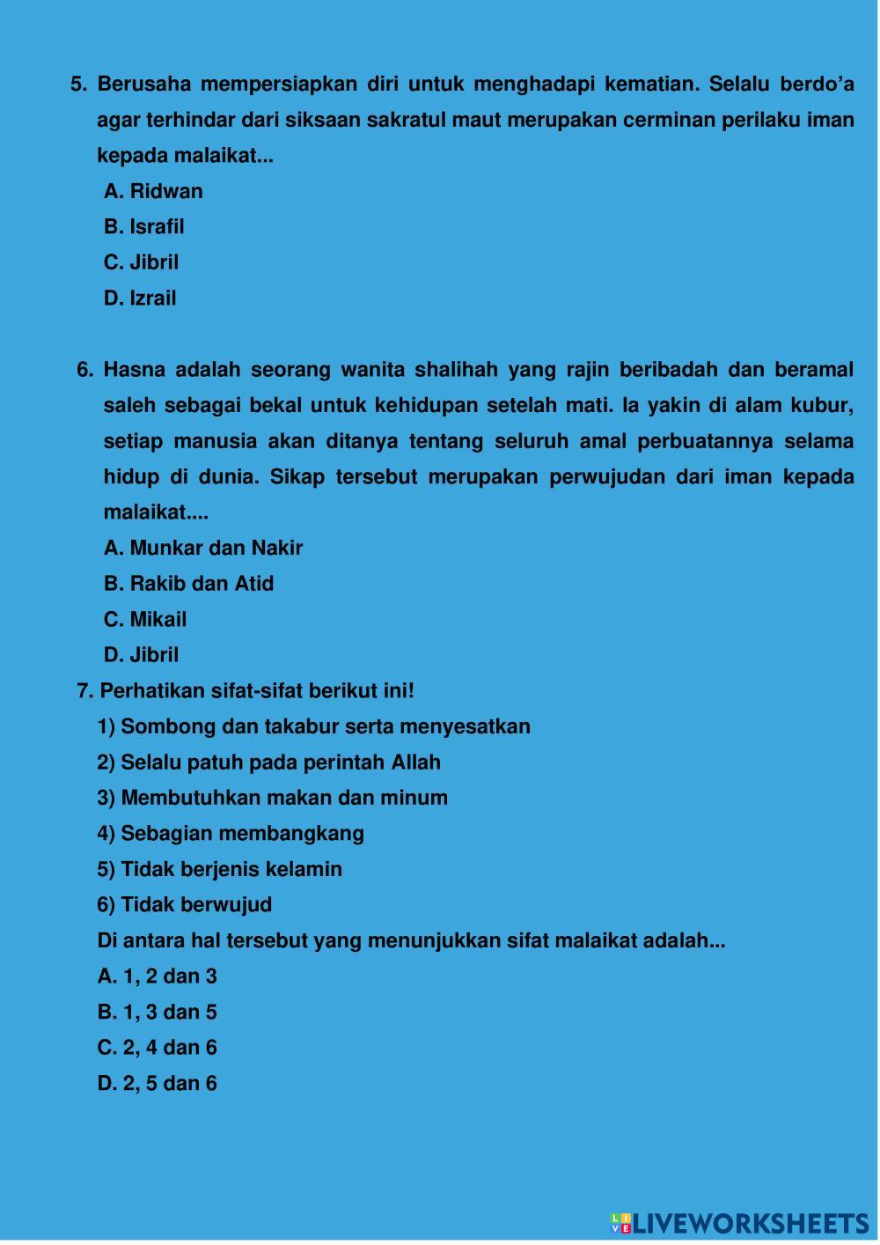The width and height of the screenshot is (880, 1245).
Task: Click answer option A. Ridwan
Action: (153, 191)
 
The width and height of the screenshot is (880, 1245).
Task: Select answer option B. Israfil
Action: (144, 226)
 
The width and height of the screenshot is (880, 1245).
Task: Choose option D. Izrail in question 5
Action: (140, 298)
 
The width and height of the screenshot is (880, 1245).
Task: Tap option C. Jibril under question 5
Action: (142, 262)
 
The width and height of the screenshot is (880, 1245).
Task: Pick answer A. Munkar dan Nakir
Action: (203, 548)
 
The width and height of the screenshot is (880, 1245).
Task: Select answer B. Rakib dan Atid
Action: (188, 583)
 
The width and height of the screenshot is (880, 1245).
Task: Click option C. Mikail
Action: (145, 619)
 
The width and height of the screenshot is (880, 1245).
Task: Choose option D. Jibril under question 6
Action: (142, 654)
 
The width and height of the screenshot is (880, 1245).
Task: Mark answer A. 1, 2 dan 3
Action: (158, 976)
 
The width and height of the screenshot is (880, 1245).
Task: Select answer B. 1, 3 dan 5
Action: (158, 1012)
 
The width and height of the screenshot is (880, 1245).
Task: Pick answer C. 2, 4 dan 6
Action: (158, 1047)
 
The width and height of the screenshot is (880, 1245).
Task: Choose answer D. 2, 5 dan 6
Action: (158, 1083)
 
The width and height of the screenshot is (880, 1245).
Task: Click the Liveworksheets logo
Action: (739, 1223)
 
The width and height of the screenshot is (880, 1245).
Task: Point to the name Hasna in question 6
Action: (132, 370)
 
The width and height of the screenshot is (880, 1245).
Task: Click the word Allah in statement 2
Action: (415, 762)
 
